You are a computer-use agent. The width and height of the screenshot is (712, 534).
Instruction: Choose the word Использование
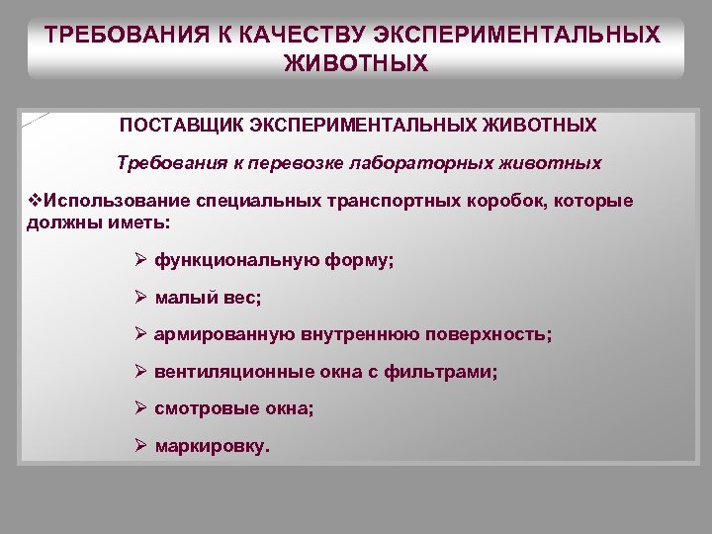(111, 201)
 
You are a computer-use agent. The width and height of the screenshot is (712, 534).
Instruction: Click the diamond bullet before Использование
(35, 201)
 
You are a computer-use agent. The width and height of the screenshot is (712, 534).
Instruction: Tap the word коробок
(515, 201)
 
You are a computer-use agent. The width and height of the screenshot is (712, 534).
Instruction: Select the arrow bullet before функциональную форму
(140, 260)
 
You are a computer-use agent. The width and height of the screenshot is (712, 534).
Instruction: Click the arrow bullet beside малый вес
(140, 298)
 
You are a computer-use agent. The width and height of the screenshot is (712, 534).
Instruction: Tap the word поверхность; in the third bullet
(489, 334)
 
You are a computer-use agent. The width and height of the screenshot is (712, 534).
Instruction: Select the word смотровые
(204, 408)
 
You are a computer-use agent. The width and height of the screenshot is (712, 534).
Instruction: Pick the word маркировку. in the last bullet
(212, 446)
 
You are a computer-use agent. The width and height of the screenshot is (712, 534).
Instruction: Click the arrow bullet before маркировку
(140, 446)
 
